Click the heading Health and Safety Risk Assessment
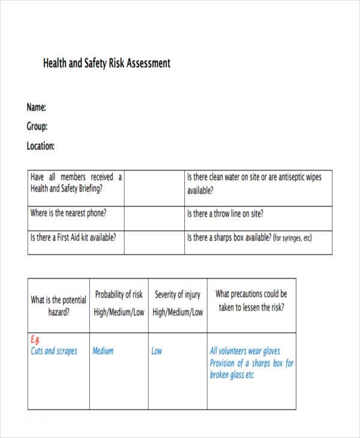[x=107, y=63]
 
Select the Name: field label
[x=37, y=107]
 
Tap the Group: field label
[x=37, y=127]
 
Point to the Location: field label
[x=41, y=146]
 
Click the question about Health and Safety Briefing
[x=76, y=182]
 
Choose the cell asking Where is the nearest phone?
[x=68, y=213]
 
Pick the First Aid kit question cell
[x=73, y=237]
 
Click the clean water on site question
[x=254, y=184]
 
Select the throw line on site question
[x=225, y=214]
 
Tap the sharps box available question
[x=250, y=238]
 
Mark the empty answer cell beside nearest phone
[x=154, y=214]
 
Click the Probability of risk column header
[x=119, y=303]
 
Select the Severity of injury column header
[x=178, y=303]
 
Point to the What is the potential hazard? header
[x=58, y=305]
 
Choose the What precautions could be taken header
[x=251, y=301]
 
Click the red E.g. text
[x=36, y=340]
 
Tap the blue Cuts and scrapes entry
[x=54, y=351]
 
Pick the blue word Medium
[x=103, y=351]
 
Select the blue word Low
[x=157, y=351]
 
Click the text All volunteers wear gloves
[x=245, y=351]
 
